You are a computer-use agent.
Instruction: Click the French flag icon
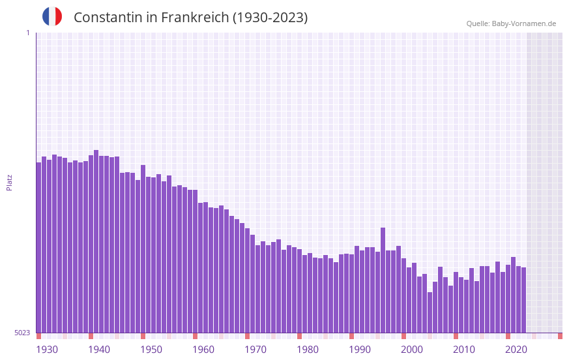pyautogui.click(x=52, y=17)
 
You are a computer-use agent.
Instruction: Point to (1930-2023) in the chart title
pyautogui.click(x=270, y=18)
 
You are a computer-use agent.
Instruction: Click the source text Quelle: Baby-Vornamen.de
pyautogui.click(x=511, y=23)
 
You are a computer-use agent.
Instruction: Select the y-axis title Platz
pyautogui.click(x=9, y=182)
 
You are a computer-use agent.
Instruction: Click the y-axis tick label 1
pyautogui.click(x=27, y=33)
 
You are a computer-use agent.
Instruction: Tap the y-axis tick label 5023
pyautogui.click(x=22, y=333)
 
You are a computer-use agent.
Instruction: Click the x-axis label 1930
pyautogui.click(x=47, y=350)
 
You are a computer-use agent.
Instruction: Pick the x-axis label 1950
pyautogui.click(x=151, y=350)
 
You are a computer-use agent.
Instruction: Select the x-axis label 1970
pyautogui.click(x=255, y=350)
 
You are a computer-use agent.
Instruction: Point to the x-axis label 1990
pyautogui.click(x=360, y=350)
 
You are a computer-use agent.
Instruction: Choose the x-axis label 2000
pyautogui.click(x=412, y=350)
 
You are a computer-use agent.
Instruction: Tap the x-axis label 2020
pyautogui.click(x=516, y=350)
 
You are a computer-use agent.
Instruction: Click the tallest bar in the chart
pyautogui.click(x=96, y=241)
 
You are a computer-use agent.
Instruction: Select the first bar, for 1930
pyautogui.click(x=38, y=248)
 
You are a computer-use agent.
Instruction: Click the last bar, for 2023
pyautogui.click(x=523, y=300)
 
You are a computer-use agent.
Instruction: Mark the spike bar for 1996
pyautogui.click(x=383, y=280)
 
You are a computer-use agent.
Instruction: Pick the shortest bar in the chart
pyautogui.click(x=430, y=312)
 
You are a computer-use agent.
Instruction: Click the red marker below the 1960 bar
pyautogui.click(x=195, y=336)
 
